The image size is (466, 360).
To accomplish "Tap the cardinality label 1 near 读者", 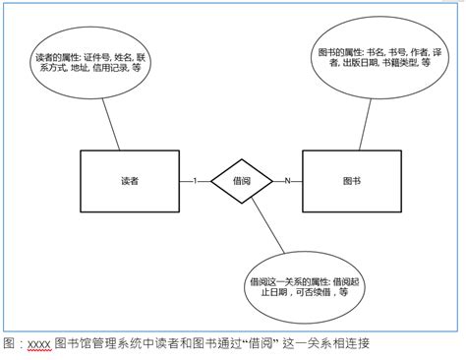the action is [x=195, y=181].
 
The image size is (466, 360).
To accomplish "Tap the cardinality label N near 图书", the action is [x=287, y=181].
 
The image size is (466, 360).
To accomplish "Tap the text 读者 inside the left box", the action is [x=128, y=181].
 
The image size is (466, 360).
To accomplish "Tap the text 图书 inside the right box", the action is [x=352, y=181].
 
